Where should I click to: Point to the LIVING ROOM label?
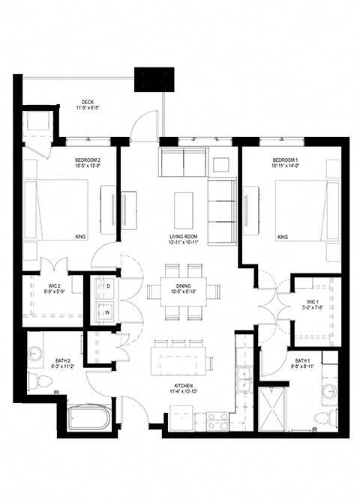pos(183,239)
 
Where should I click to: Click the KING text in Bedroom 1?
pos(283,237)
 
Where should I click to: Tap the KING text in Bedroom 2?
pos(81,237)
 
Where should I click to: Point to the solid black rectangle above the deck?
pos(154,79)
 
